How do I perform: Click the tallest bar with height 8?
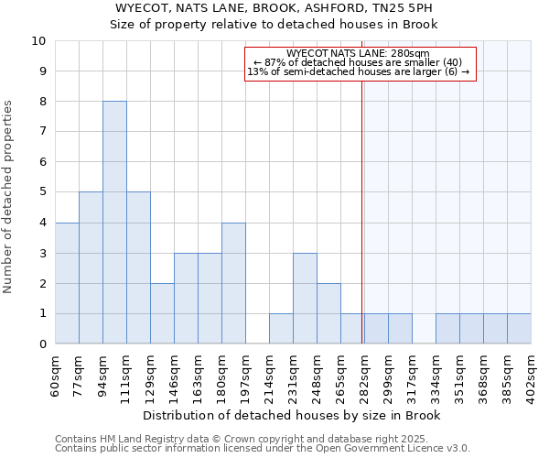point(114,223)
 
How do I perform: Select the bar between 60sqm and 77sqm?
point(67,283)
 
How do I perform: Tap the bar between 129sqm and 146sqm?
point(162,313)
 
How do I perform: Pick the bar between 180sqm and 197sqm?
point(233,283)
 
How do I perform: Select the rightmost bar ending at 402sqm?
point(519,329)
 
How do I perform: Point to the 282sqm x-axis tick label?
point(364,376)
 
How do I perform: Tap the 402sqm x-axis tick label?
point(531,376)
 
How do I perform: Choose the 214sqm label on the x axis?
point(269,376)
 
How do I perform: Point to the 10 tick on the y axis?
point(38,41)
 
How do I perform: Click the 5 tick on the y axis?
point(42,192)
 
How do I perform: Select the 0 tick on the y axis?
point(42,344)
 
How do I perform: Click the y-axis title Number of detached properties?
point(10,197)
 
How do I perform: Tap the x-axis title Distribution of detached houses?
point(293,416)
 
